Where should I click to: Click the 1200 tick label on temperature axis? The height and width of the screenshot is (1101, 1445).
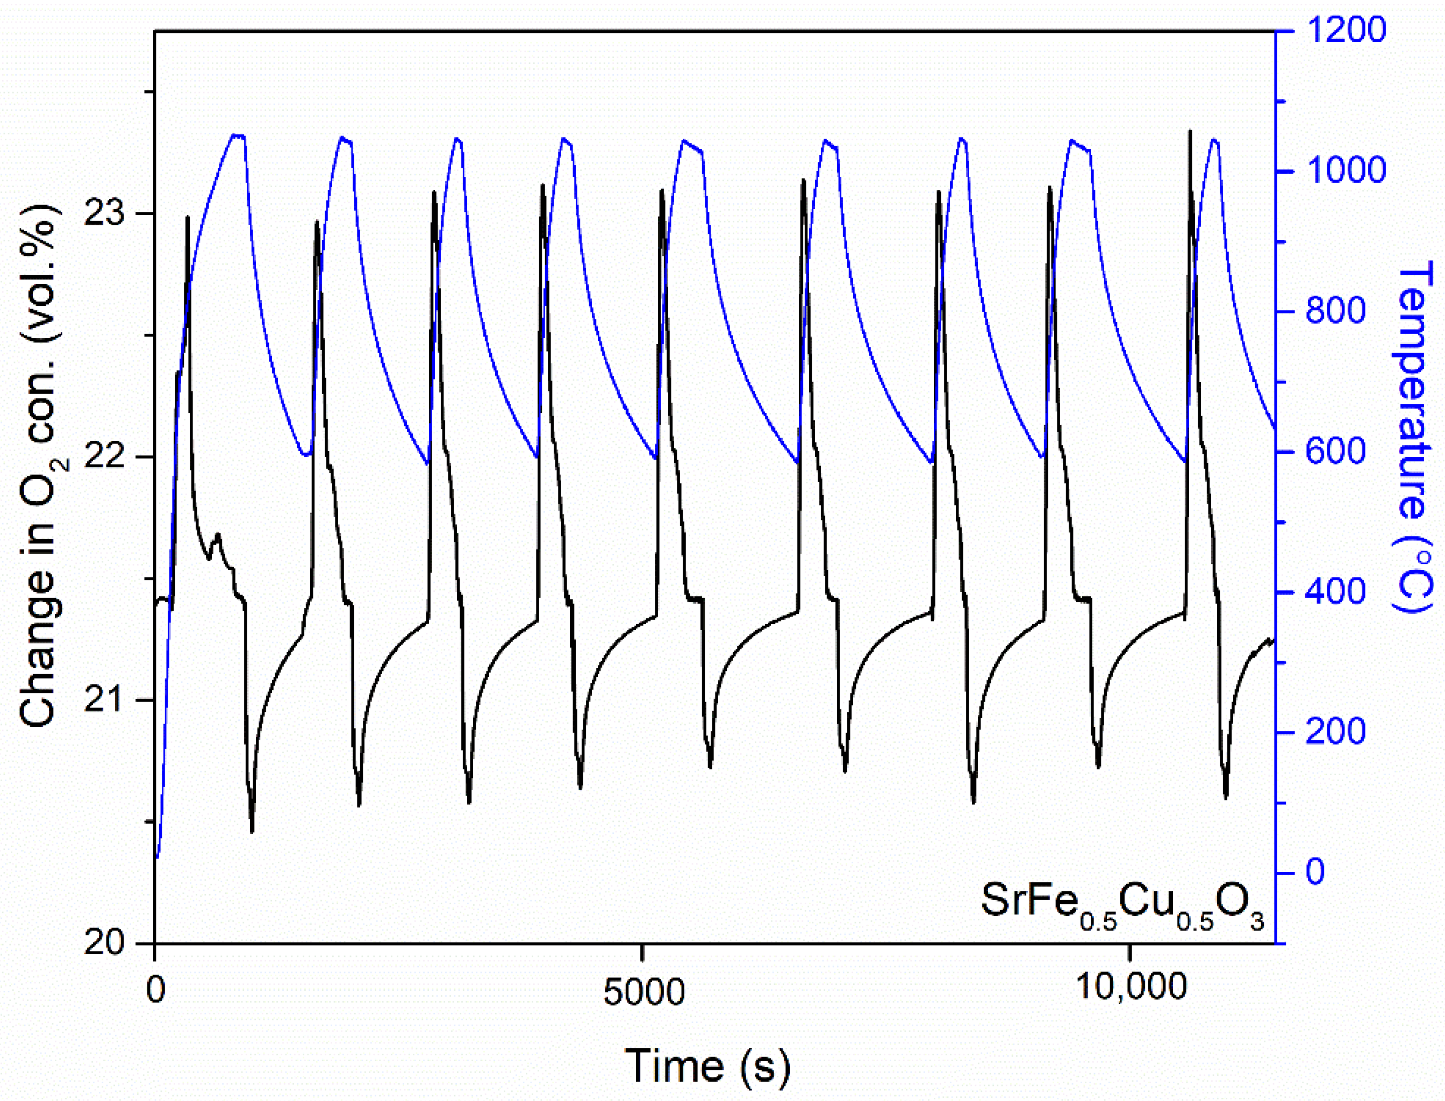tap(1344, 30)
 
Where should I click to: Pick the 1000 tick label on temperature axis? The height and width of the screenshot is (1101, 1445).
tap(1344, 171)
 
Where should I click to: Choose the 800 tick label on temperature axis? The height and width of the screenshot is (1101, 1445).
tap(1335, 311)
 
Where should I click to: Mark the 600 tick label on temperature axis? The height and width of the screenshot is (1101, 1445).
tap(1335, 452)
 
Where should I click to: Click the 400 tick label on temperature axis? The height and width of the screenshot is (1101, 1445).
tap(1335, 592)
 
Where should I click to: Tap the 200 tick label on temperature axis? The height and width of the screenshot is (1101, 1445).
tap(1335, 732)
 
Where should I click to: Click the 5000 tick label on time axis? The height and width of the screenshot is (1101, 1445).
tap(643, 992)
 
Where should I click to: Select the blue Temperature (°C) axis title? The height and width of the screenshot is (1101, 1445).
tap(1415, 436)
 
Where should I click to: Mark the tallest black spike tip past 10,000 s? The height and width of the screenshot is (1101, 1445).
tap(1190, 132)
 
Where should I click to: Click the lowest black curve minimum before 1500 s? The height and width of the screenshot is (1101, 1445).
tap(252, 832)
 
